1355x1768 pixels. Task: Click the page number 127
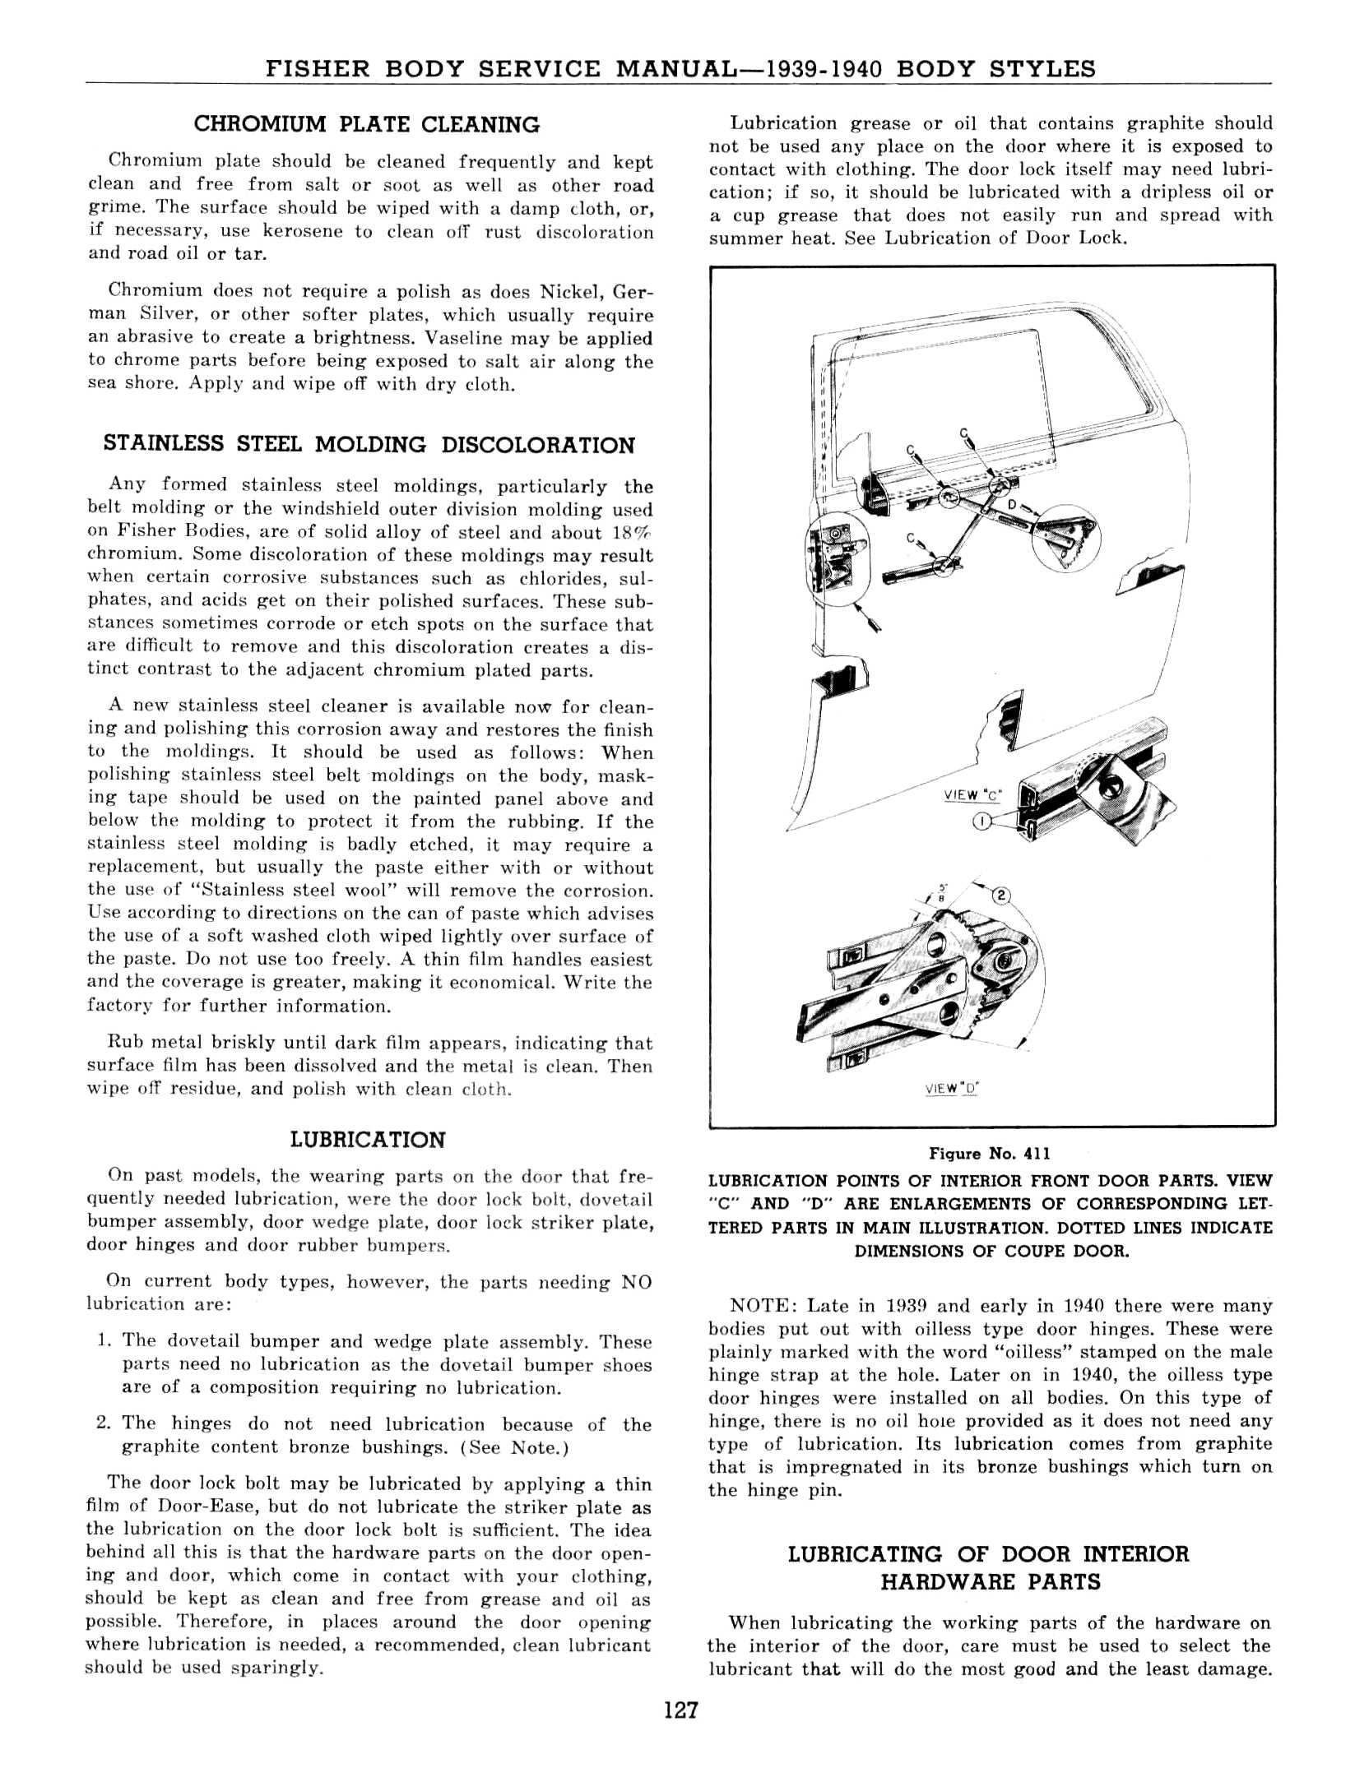coord(680,1710)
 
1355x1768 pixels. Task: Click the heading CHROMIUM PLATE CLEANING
coord(367,125)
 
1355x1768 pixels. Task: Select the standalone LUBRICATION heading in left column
coord(368,1140)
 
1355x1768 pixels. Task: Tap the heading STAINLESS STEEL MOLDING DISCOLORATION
coord(369,445)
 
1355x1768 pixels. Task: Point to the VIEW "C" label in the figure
coord(973,795)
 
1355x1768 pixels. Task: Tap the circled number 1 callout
coord(981,821)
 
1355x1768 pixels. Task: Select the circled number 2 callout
coord(1001,896)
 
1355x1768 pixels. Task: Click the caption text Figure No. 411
coord(990,1154)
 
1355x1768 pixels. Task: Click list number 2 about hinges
coord(102,1423)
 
